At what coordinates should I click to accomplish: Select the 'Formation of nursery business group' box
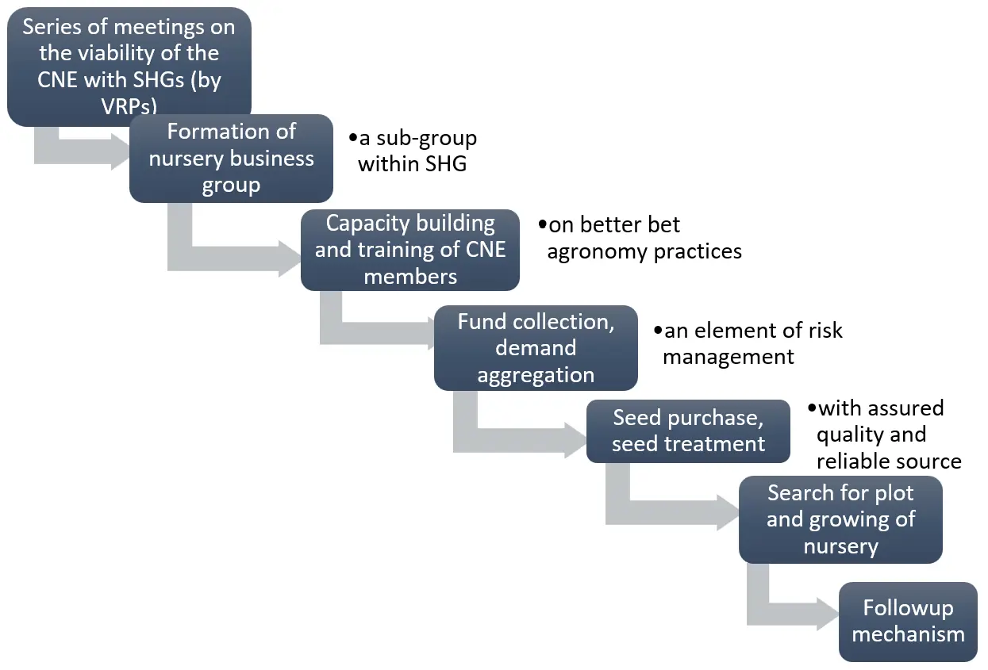pos(231,158)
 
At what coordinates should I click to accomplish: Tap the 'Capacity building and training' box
pos(410,250)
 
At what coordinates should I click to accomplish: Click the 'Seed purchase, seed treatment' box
pos(688,431)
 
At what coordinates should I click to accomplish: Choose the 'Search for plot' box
pos(840,519)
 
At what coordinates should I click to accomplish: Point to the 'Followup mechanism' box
pos(908,621)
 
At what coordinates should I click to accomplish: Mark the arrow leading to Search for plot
pos(675,511)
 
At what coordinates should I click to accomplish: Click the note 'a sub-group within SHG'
pos(413,151)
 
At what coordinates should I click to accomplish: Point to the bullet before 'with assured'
pos(811,408)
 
